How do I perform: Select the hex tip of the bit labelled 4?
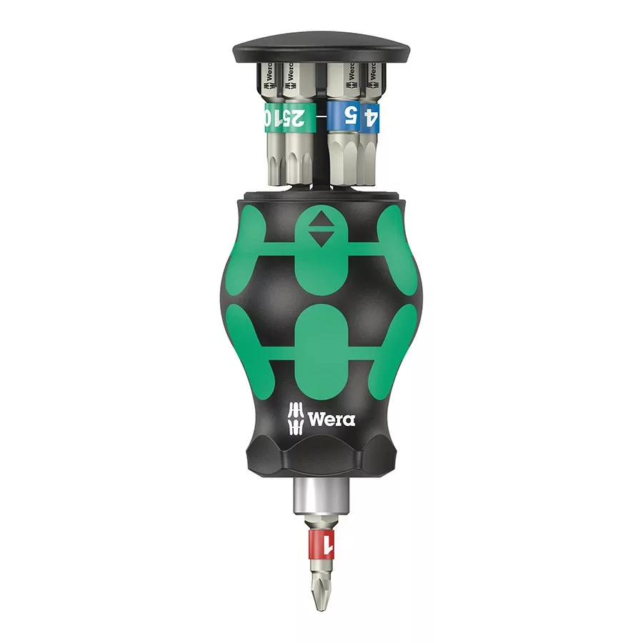372,161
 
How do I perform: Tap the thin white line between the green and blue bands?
322,114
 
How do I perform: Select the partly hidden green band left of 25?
269,115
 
